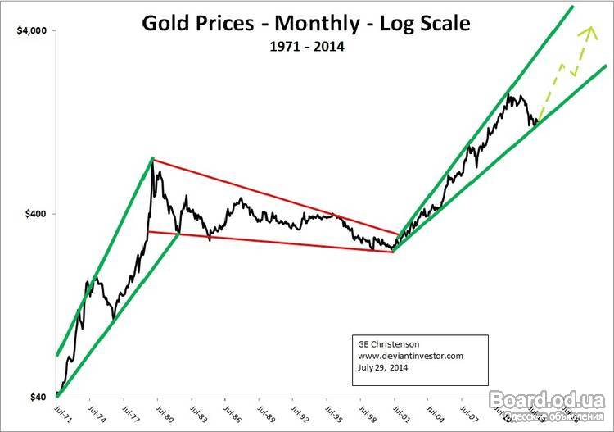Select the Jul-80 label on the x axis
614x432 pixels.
(x=160, y=412)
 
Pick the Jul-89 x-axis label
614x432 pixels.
(x=261, y=412)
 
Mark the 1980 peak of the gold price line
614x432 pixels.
(x=153, y=160)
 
